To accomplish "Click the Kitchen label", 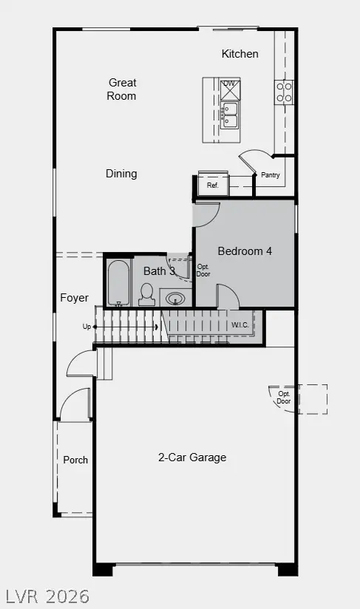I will [x=240, y=54].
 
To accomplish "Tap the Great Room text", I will [x=122, y=89].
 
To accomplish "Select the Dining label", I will [x=121, y=174].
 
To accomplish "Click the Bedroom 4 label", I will [x=245, y=251].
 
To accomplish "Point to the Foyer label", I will [x=74, y=298].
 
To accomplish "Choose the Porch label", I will [x=75, y=460].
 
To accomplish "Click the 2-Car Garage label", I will [x=192, y=457].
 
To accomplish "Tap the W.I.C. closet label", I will [x=240, y=324].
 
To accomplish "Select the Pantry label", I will [x=270, y=176].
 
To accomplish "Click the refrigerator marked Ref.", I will [x=213, y=185].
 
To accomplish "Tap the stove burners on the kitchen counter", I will [x=284, y=92].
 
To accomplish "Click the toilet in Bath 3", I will [x=146, y=295].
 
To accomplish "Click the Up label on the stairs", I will [x=87, y=326].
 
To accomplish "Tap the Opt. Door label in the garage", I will [x=284, y=397].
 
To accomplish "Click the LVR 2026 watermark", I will [x=48, y=596].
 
